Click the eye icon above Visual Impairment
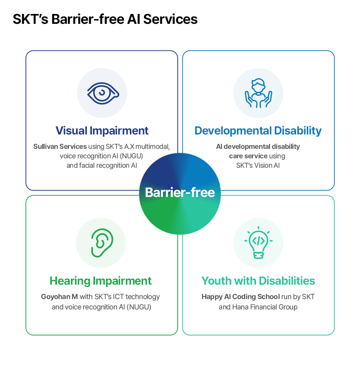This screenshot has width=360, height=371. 103,93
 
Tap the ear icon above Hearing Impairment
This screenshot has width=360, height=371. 102,243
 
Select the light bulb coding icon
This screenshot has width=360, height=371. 258,242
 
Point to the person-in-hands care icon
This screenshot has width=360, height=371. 258,93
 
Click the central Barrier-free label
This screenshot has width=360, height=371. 180,192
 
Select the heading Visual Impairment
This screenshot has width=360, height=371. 102,130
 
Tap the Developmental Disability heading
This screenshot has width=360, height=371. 258,131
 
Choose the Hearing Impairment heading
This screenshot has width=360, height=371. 100,281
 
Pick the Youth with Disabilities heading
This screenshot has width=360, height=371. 258,281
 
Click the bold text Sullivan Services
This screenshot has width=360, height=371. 60,147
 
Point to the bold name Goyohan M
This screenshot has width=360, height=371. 59,297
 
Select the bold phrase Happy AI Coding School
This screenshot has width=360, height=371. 241,297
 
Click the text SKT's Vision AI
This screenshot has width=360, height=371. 258,165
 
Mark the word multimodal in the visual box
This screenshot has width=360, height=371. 153,147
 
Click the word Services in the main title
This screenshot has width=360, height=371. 170,19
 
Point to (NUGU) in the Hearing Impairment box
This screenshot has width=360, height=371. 139,307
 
